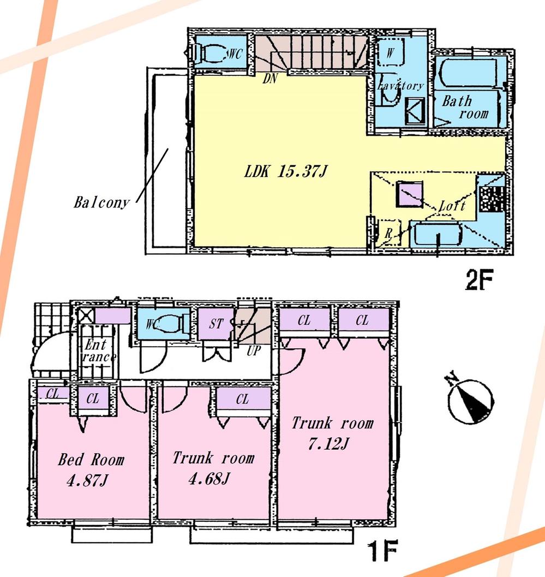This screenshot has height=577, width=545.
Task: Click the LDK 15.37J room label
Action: pyautogui.click(x=285, y=172)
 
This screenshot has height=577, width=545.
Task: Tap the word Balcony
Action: pyautogui.click(x=102, y=203)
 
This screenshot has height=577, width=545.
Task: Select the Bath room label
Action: pyautogui.click(x=465, y=107)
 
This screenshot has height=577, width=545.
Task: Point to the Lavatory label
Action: pyautogui.click(x=400, y=86)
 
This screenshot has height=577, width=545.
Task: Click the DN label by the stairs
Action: pyautogui.click(x=270, y=79)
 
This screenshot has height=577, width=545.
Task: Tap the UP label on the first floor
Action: pyautogui.click(x=254, y=351)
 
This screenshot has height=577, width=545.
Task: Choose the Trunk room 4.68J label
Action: pyautogui.click(x=213, y=467)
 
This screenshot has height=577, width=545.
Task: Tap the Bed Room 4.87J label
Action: pyautogui.click(x=91, y=468)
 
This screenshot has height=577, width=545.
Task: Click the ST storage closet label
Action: pyautogui.click(x=216, y=323)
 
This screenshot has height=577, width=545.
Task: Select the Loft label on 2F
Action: pyautogui.click(x=452, y=206)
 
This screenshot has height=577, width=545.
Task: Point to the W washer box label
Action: pyautogui.click(x=391, y=53)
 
